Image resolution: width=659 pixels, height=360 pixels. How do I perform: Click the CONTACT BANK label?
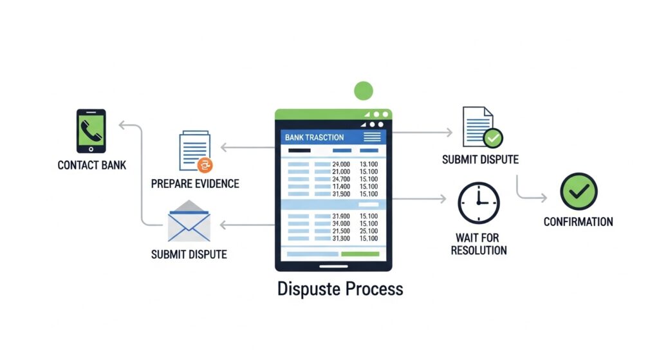(91, 166)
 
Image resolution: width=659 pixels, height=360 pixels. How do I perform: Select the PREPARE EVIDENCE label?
(195, 184)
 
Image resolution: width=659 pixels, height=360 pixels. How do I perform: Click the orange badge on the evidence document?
(204, 164)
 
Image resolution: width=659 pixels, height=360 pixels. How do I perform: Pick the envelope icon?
(189, 221)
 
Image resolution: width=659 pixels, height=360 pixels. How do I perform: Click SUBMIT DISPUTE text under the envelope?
(189, 254)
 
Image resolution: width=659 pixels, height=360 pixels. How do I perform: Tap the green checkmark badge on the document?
(494, 137)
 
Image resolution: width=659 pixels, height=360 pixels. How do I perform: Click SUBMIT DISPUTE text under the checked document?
(480, 159)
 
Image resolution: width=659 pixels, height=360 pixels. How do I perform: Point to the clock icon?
(478, 202)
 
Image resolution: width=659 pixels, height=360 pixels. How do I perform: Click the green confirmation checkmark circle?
(579, 191)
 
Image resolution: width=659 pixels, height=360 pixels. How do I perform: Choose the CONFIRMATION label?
(578, 222)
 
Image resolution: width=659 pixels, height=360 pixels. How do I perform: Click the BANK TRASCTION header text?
(314, 137)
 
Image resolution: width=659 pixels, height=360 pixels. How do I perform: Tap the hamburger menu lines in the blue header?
(372, 137)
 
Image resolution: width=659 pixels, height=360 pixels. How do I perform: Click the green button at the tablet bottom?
(360, 254)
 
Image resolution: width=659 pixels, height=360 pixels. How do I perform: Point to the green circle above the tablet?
(364, 91)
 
